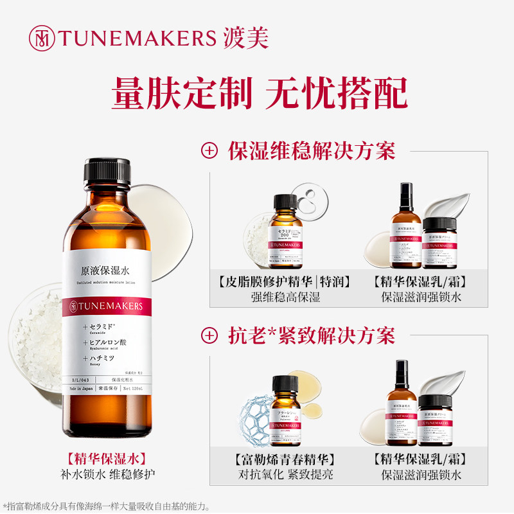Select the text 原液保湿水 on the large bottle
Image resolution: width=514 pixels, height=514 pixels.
[x=107, y=271]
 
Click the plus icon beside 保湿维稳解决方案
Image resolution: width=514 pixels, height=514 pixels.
[x=209, y=152]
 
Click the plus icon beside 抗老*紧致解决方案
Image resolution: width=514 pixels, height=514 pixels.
[x=209, y=335]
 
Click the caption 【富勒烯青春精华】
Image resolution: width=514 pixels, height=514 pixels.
[x=284, y=460]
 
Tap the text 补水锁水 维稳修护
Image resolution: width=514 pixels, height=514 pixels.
[x=107, y=475]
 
